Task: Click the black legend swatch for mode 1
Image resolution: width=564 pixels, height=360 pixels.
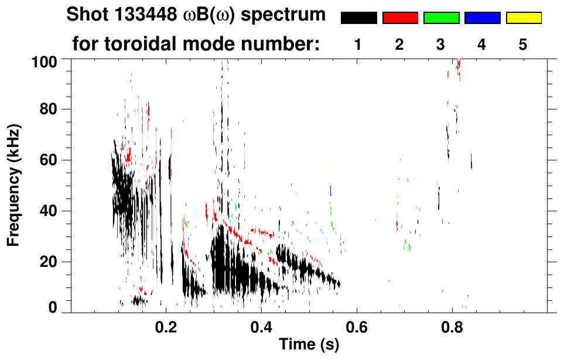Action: pos(358,18)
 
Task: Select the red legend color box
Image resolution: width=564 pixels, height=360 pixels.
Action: pos(400,18)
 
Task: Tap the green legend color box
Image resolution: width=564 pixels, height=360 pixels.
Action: pos(441,18)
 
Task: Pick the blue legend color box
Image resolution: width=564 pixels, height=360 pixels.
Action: pos(482,18)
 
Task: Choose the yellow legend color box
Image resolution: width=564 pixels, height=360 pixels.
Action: pos(523,18)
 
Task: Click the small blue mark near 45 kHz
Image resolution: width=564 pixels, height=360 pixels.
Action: pos(331,190)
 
